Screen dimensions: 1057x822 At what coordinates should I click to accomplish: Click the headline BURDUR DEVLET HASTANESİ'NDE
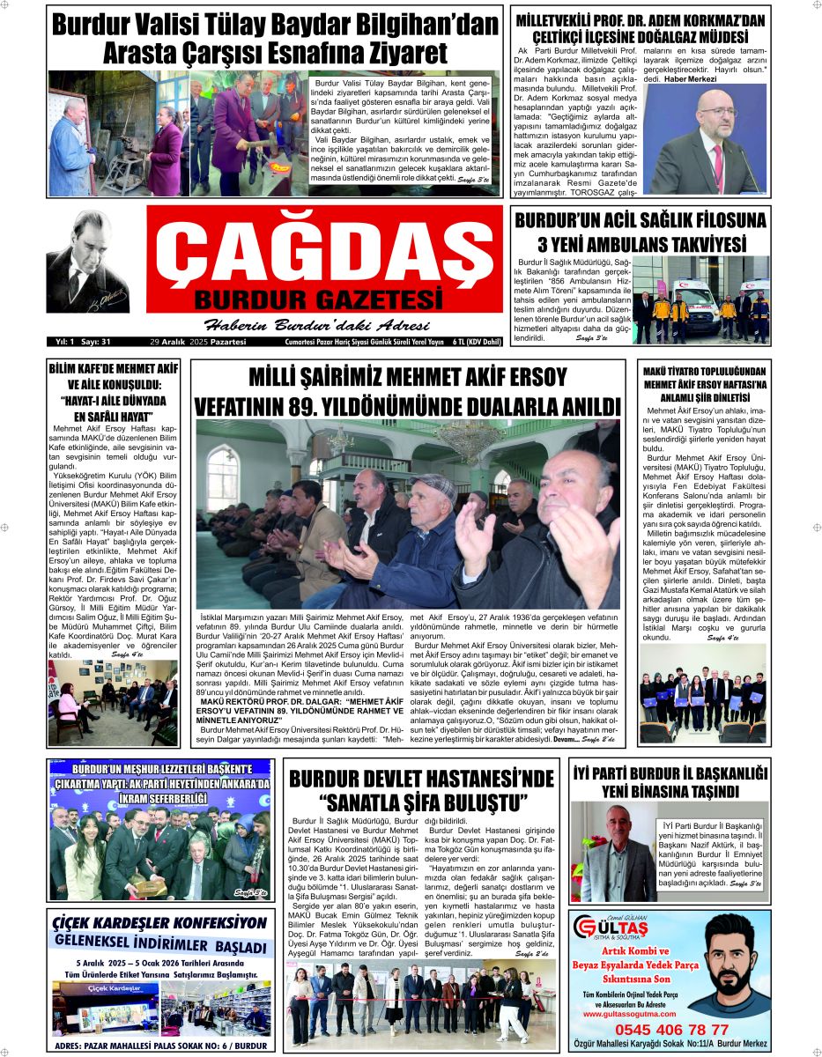point(422,779)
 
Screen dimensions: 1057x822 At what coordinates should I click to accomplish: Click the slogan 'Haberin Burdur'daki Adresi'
point(316,322)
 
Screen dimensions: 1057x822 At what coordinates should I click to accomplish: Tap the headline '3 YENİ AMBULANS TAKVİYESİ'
point(641,243)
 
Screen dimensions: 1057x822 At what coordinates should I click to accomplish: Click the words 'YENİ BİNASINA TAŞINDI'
point(669,790)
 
